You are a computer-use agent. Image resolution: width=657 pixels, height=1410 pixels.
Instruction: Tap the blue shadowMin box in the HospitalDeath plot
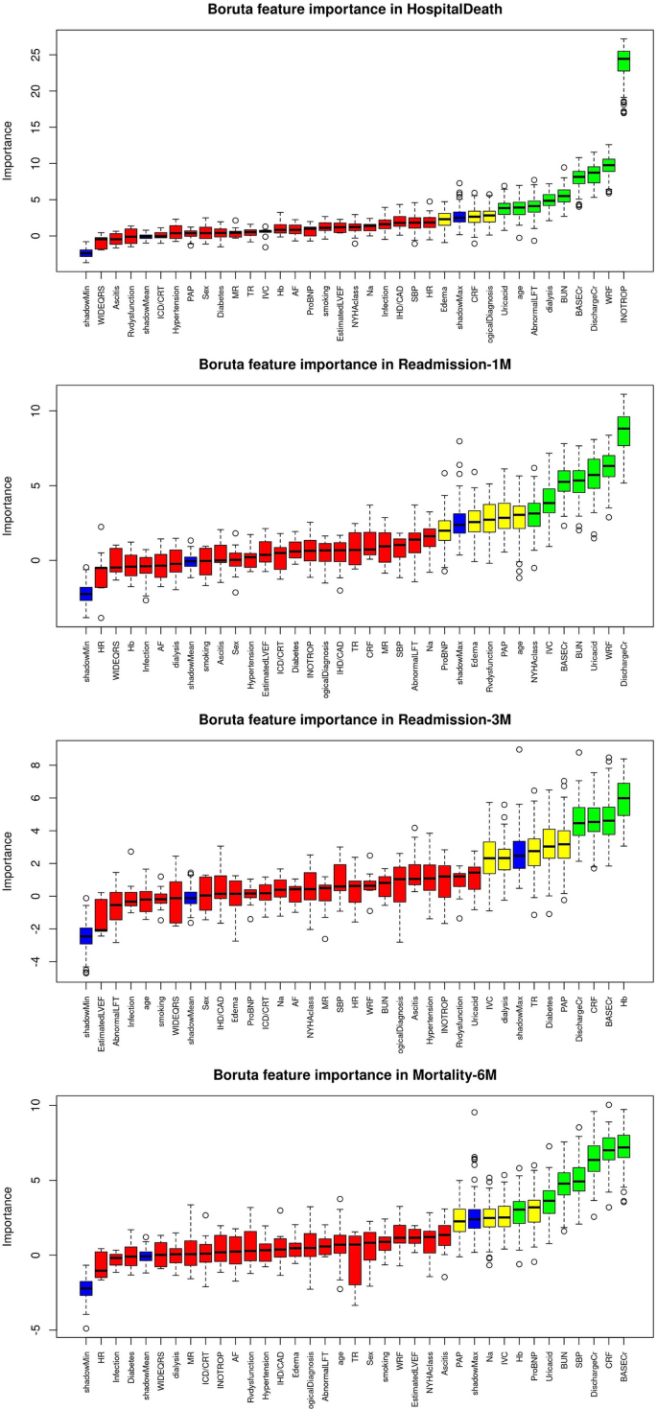coord(85,252)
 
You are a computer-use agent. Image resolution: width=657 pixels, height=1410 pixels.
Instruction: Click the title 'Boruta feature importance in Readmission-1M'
coord(348,364)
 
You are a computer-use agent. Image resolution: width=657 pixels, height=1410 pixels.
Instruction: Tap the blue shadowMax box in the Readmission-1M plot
coord(458,523)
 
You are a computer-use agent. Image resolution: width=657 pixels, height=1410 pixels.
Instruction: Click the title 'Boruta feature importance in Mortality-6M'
coord(348,1075)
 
